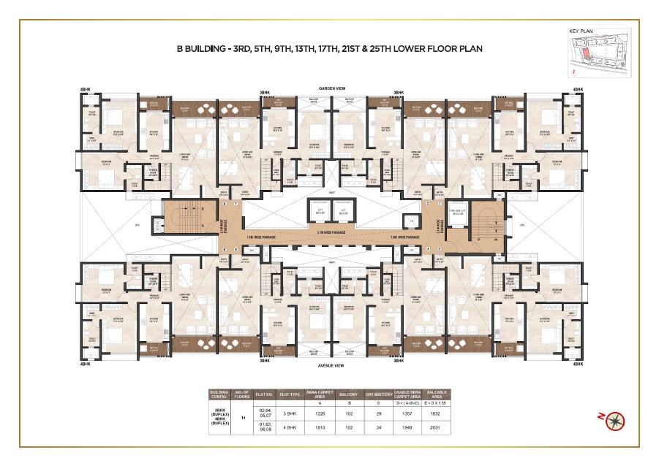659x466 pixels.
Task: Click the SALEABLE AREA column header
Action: [x=434, y=393]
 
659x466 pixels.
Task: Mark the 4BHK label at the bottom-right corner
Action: [x=578, y=363]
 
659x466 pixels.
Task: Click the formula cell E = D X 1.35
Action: [x=434, y=402]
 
